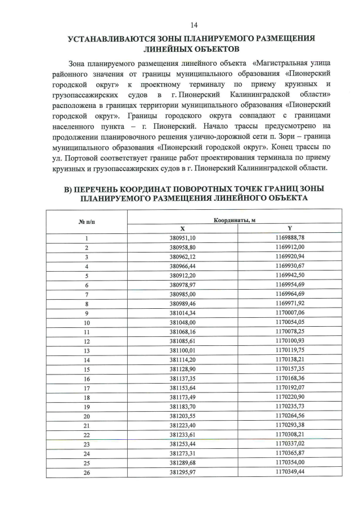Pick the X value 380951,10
pyautogui.click(x=182, y=238)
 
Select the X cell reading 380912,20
pyautogui.click(x=182, y=275)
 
